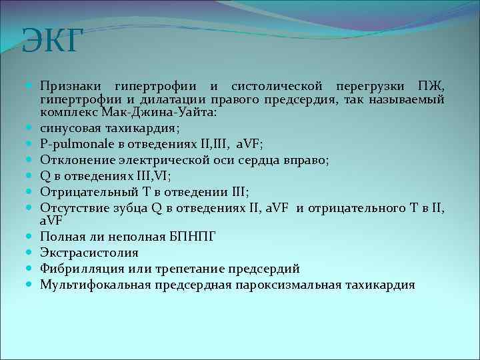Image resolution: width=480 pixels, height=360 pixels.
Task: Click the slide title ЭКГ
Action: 53,41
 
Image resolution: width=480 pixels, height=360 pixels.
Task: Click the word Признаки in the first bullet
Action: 70,86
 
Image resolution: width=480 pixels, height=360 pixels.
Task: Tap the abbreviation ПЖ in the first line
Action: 431,86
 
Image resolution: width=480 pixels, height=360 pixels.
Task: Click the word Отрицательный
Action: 86,191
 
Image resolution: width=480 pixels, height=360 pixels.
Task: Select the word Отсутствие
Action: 75,207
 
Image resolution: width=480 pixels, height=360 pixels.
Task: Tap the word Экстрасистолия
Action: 89,253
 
